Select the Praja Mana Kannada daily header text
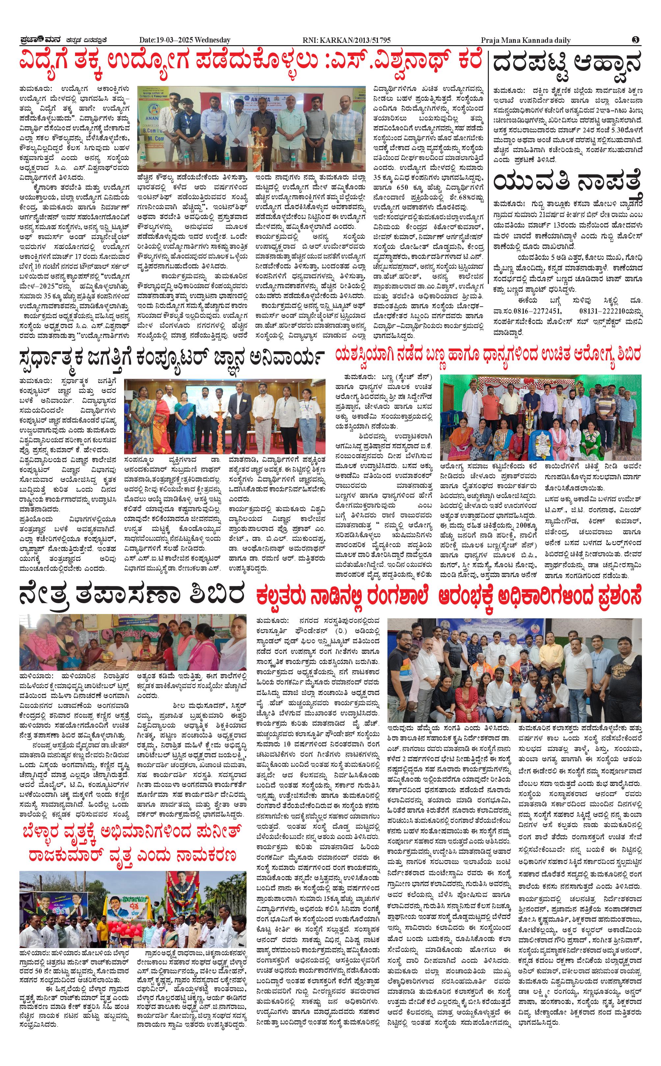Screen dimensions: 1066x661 (525, 40)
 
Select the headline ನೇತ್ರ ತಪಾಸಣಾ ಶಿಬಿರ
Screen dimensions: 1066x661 (131, 596)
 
